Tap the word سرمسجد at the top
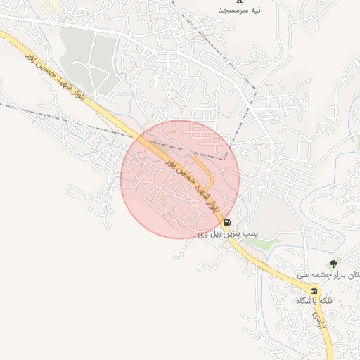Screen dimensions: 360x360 tap(231, 11)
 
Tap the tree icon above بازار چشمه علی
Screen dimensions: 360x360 tap(333, 263)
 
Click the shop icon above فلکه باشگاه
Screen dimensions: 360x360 tap(314, 290)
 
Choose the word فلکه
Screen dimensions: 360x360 tap(325, 301)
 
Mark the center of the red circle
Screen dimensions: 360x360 tap(180, 179)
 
